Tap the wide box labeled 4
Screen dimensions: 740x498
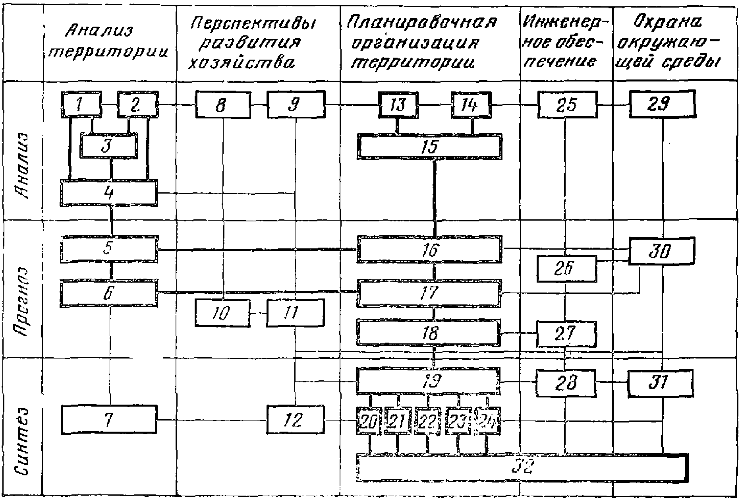108,193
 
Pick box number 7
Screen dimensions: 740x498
108,420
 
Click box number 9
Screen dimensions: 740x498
296,105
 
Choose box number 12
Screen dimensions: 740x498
295,420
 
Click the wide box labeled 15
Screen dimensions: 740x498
429,146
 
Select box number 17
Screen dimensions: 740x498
429,293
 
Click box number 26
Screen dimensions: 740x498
567,269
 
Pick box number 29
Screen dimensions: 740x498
662,105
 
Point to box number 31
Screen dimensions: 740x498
661,383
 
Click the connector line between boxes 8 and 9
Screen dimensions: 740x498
259,105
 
